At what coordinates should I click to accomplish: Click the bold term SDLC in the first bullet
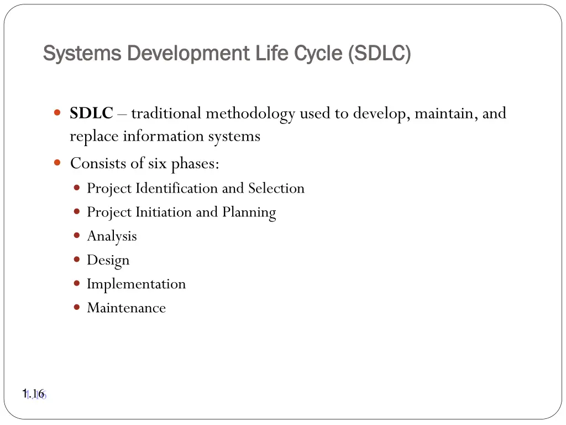(91, 113)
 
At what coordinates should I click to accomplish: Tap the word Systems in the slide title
(82, 54)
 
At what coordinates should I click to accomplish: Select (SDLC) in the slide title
(380, 54)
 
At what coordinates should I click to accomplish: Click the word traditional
(166, 113)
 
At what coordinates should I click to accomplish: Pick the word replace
(94, 136)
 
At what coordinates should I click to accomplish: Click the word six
(158, 164)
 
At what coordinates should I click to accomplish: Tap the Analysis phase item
(112, 236)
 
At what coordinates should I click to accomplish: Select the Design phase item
(108, 260)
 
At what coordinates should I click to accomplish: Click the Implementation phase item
(136, 284)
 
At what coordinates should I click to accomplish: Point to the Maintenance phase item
(126, 308)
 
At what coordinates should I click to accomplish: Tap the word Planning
(249, 212)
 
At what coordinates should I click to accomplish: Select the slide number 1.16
(33, 394)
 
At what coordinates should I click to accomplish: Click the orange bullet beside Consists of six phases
(57, 163)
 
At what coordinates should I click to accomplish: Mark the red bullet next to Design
(77, 259)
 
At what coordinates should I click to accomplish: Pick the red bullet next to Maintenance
(77, 307)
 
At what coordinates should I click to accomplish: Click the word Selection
(276, 188)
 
